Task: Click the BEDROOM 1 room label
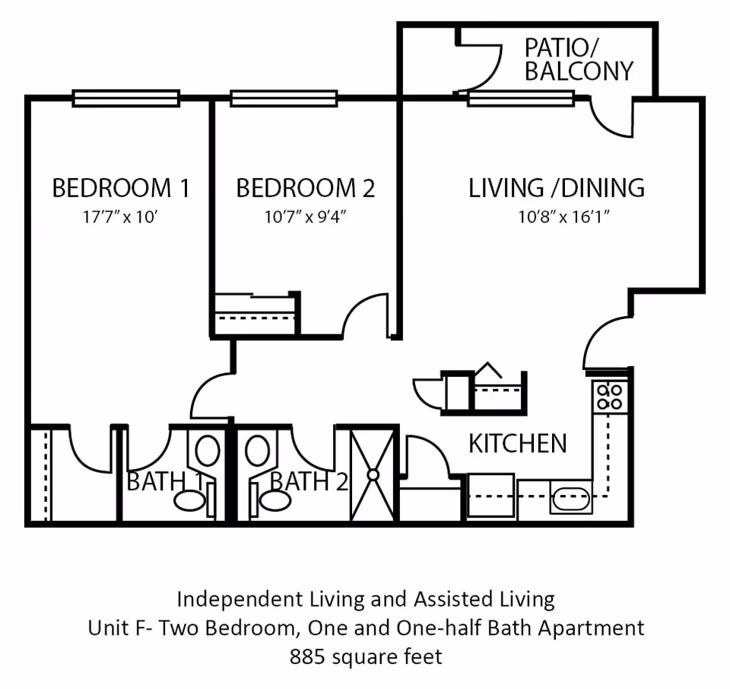pyautogui.click(x=120, y=187)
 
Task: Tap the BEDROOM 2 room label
pyautogui.click(x=305, y=187)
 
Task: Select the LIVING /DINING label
pyautogui.click(x=556, y=187)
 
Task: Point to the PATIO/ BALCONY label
pyautogui.click(x=579, y=59)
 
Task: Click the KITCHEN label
pyautogui.click(x=517, y=443)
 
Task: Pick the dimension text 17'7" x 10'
pyautogui.click(x=120, y=217)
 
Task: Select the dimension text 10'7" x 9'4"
pyautogui.click(x=305, y=217)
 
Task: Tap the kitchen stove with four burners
pyautogui.click(x=610, y=396)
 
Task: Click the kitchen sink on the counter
pyautogui.click(x=570, y=499)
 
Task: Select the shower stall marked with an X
pyautogui.click(x=373, y=474)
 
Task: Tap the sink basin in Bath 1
pyautogui.click(x=189, y=501)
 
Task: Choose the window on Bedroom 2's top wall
pyautogui.click(x=284, y=98)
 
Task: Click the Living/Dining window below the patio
pyautogui.click(x=520, y=98)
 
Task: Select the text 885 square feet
pyautogui.click(x=365, y=656)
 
